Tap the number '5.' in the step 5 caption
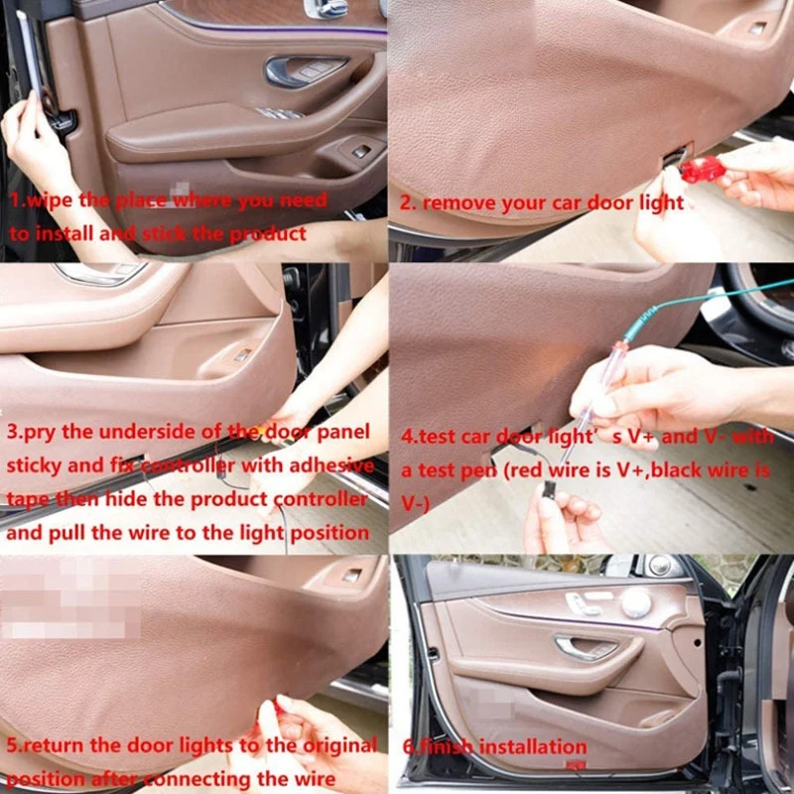point(14,744)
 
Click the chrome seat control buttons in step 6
point(583,603)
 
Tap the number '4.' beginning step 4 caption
point(408,435)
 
